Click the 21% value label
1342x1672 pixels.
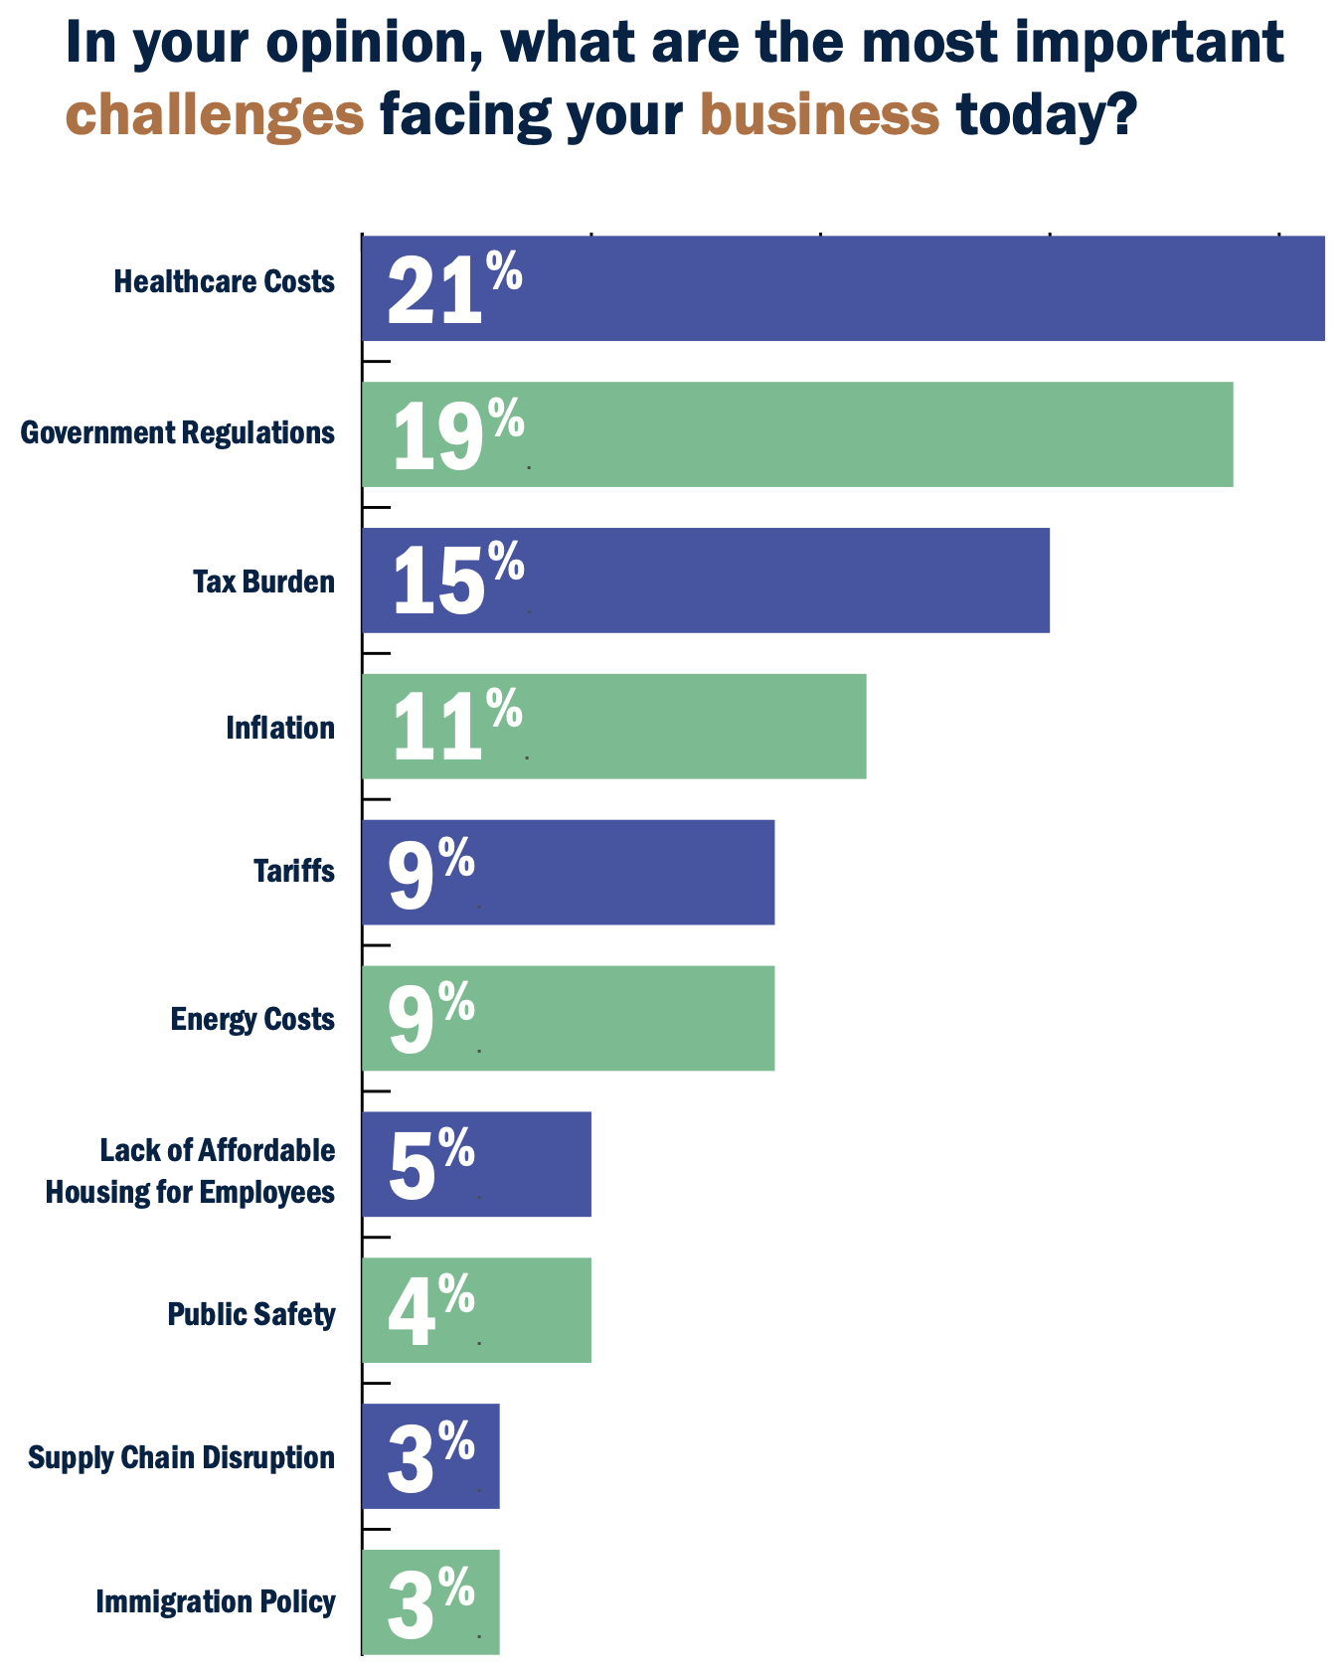coord(453,288)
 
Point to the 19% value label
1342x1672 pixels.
coord(457,434)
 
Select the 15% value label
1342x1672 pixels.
coord(457,581)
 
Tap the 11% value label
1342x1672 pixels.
coord(456,727)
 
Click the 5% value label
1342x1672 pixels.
coord(430,1164)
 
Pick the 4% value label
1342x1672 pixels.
coord(430,1310)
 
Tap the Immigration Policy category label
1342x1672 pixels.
coord(216,1601)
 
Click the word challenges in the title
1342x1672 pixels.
coord(215,115)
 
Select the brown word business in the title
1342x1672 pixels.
coord(820,115)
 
